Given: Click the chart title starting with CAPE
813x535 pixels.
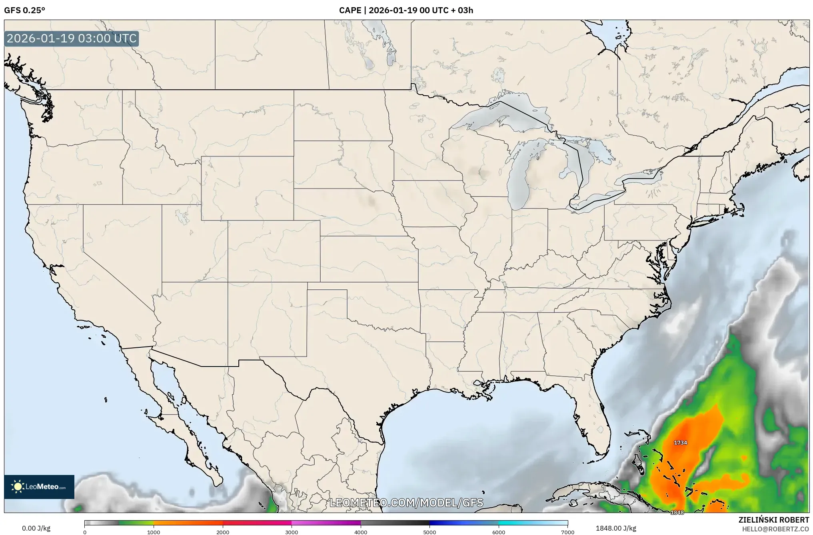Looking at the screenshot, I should [406, 10].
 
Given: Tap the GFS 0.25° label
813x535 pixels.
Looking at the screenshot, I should [24, 10].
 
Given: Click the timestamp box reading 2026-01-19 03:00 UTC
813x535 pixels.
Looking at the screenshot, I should [72, 38].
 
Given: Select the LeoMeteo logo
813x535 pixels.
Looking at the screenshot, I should [39, 487].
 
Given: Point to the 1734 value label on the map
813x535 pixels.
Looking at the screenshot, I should [680, 443].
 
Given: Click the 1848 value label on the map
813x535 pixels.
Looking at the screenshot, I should [677, 512].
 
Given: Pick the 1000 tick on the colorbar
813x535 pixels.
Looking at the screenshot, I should [154, 532].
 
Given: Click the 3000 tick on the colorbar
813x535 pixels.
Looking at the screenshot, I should [292, 532].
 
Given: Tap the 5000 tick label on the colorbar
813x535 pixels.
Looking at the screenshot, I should [429, 532].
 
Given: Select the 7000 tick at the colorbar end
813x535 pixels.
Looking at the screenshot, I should [567, 532].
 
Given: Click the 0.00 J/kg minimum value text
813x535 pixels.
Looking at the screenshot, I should [36, 528].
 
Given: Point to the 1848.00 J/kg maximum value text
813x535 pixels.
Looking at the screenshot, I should [616, 528].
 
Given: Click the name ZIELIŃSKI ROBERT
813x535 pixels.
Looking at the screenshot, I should [773, 520].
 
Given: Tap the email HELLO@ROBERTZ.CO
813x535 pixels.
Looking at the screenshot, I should [775, 529].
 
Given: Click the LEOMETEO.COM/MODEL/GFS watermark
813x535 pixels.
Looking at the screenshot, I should [406, 503].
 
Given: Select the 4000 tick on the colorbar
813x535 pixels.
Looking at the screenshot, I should [361, 532].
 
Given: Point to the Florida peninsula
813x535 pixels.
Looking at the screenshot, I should [590, 412].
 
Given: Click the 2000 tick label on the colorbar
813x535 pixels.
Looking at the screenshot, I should [223, 532].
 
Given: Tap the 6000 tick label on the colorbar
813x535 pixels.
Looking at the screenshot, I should [499, 532].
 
